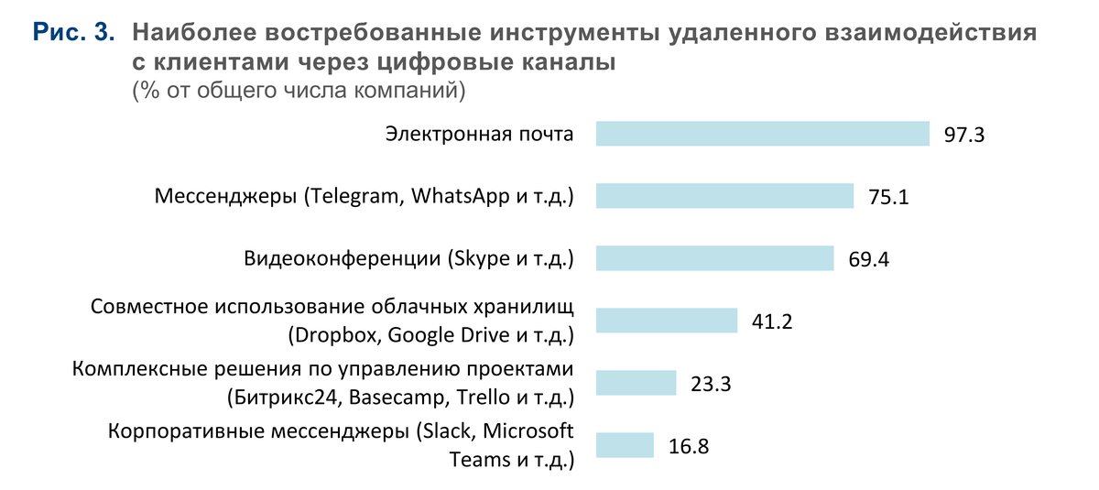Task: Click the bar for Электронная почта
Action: click(x=762, y=134)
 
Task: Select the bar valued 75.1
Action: click(x=724, y=196)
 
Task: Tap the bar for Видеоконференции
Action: click(x=714, y=258)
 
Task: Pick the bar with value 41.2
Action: click(x=666, y=321)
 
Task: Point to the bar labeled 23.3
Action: click(x=636, y=383)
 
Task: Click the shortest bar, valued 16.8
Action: click(x=625, y=445)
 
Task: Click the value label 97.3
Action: click(x=963, y=135)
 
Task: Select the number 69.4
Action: click(x=868, y=259)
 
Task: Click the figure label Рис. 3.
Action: click(x=74, y=35)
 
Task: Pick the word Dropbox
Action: click(x=336, y=334)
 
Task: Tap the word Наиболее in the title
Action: click(x=188, y=35)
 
